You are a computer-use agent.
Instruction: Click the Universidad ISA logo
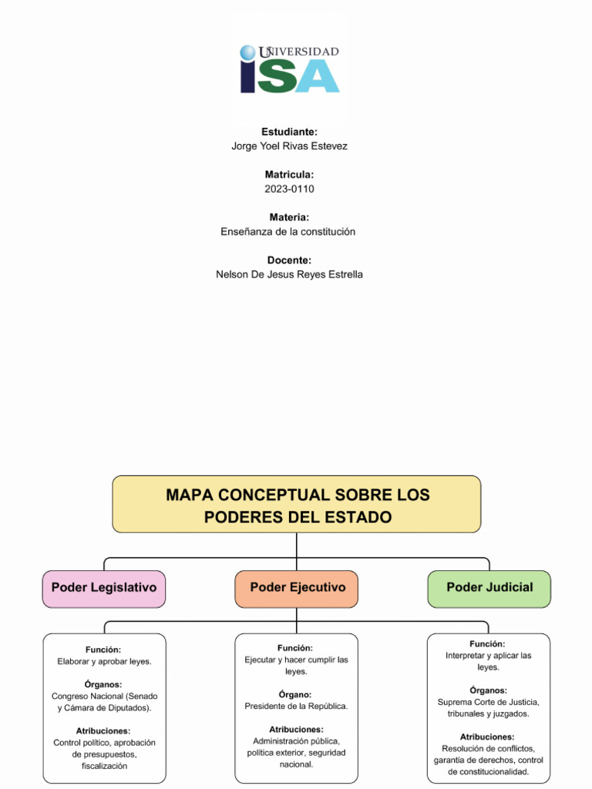[290, 69]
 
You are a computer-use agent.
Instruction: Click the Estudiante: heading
[290, 132]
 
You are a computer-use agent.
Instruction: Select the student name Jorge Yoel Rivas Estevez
[290, 146]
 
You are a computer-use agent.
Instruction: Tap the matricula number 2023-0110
[290, 189]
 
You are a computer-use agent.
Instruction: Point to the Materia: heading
[290, 217]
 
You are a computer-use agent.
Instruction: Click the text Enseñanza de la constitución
[288, 231]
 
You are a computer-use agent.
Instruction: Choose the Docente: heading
[290, 260]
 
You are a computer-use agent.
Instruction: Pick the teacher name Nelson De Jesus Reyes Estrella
[290, 274]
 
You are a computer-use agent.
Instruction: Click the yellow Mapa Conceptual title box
[297, 504]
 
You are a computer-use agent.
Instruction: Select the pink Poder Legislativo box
[104, 589]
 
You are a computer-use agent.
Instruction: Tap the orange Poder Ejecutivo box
[297, 589]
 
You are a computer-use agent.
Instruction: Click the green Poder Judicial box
[489, 589]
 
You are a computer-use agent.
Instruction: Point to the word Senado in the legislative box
[143, 697]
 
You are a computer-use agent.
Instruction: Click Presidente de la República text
[296, 706]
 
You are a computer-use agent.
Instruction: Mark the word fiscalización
[104, 766]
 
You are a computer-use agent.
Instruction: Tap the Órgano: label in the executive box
[295, 694]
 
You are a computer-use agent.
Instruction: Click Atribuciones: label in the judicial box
[487, 737]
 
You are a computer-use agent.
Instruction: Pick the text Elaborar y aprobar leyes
[104, 661]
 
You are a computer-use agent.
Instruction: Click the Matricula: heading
[290, 175]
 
